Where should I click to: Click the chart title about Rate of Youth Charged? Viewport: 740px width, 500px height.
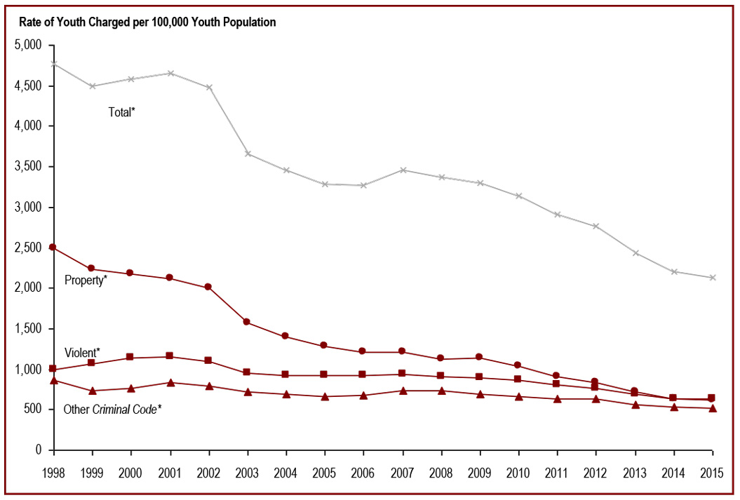[147, 22]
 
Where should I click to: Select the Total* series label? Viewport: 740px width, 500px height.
[121, 112]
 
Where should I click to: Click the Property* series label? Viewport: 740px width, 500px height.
[86, 281]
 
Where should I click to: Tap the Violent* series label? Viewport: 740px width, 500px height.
[82, 352]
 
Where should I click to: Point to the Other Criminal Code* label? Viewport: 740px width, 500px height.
[112, 409]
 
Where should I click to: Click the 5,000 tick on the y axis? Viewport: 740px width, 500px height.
[29, 45]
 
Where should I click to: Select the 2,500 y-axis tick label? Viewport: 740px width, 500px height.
[29, 248]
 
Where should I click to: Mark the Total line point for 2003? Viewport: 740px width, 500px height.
[247, 154]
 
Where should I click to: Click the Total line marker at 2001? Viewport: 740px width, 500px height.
[169, 73]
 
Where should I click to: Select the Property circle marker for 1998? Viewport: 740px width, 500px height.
[53, 247]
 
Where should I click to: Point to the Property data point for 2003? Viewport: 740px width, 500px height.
[247, 322]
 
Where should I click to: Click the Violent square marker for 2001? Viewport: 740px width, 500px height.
[169, 356]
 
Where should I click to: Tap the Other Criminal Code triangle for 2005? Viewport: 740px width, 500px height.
[325, 396]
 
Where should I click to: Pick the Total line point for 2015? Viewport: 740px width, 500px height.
[713, 278]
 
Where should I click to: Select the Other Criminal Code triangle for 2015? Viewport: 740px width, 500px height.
[713, 408]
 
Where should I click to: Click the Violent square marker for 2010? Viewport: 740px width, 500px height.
[518, 379]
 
